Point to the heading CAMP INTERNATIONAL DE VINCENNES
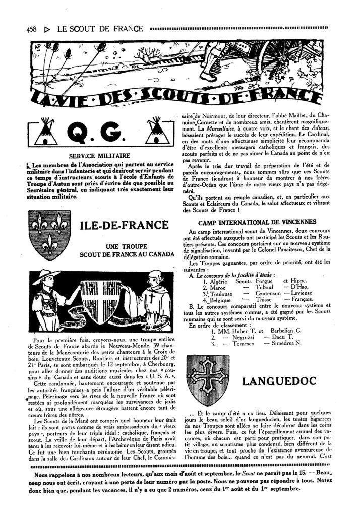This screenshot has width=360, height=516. tap(257, 222)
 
